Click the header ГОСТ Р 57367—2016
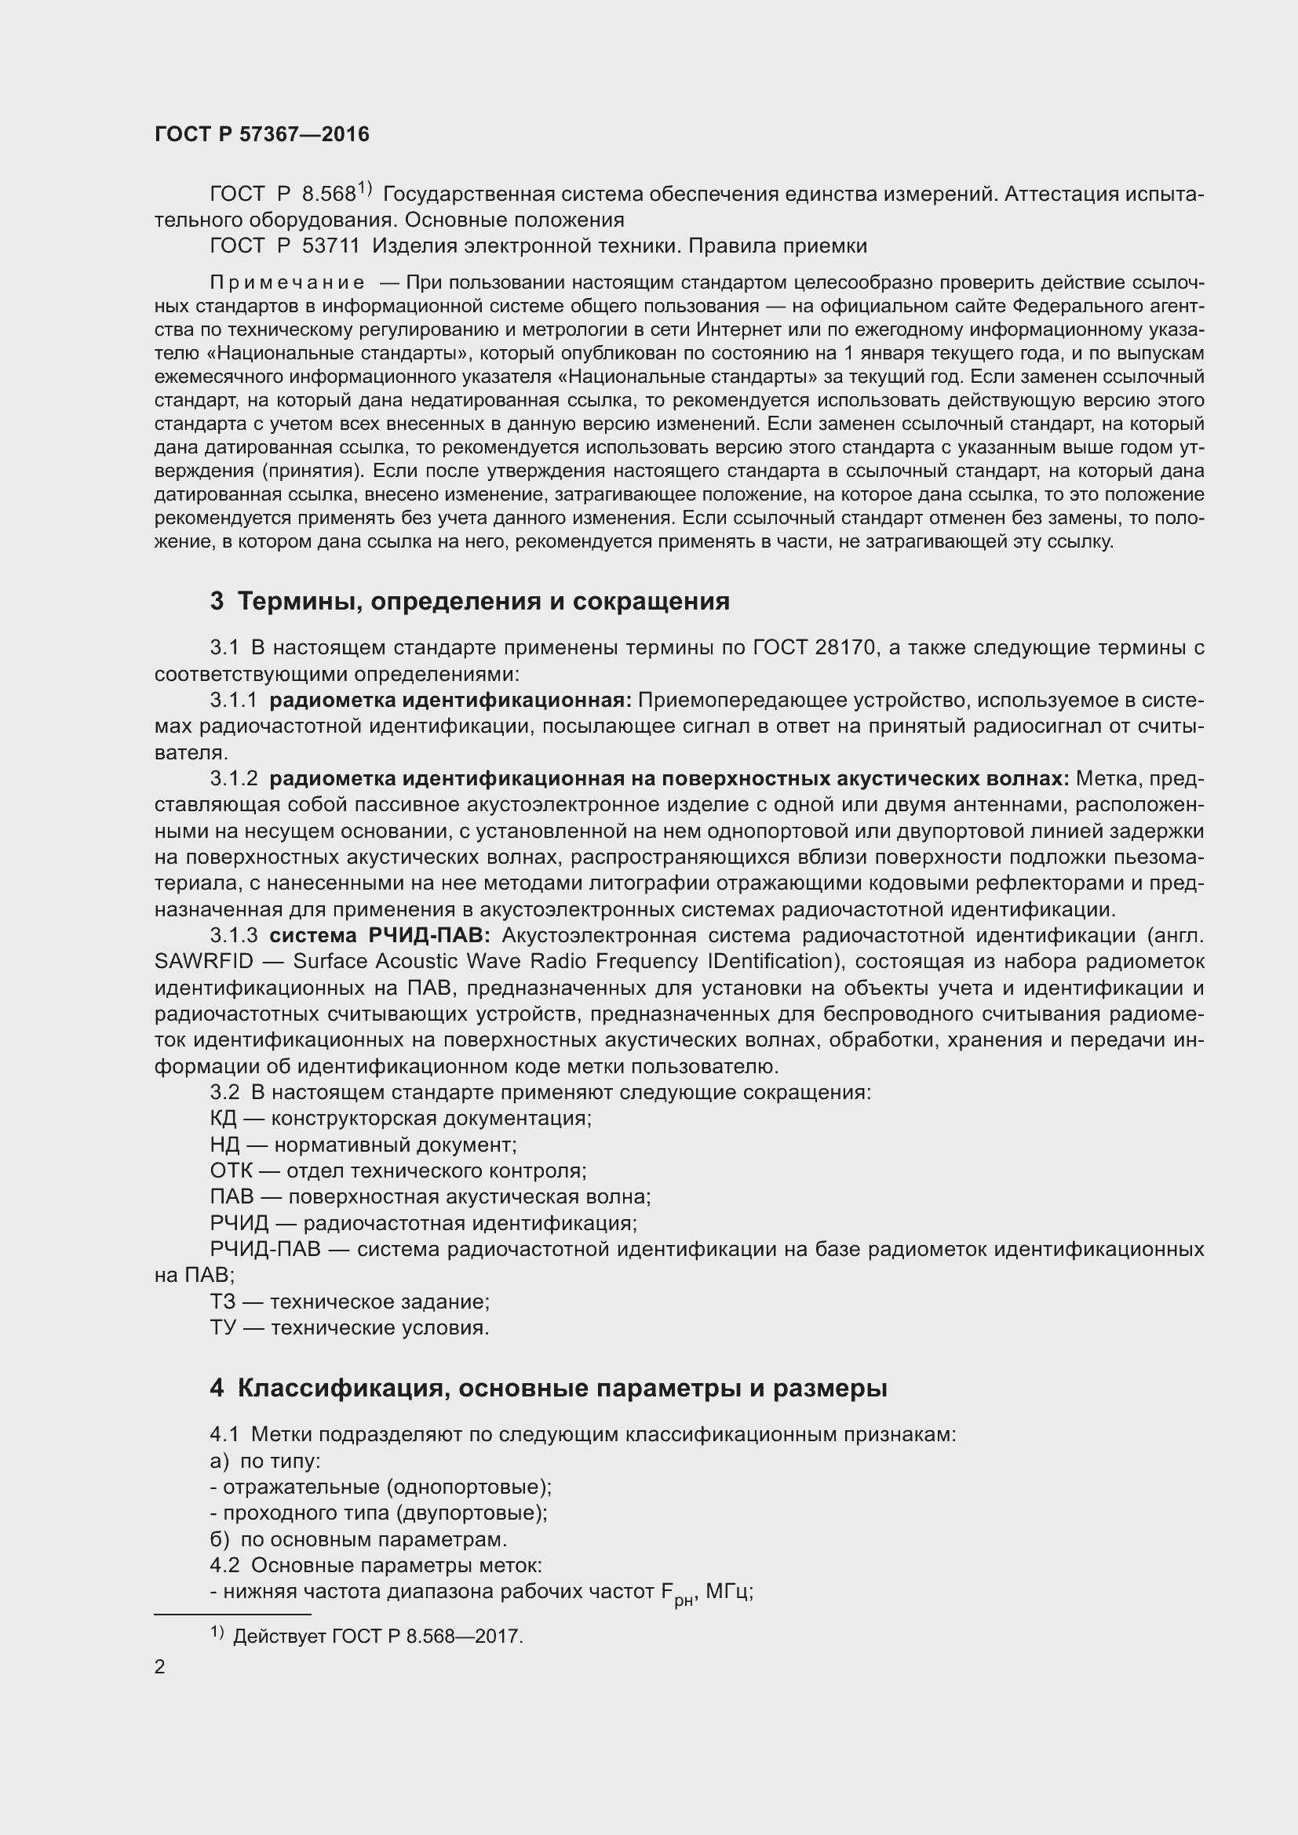click(261, 134)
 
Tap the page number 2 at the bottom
click(160, 1666)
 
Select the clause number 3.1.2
click(234, 778)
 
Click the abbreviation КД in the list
click(223, 1118)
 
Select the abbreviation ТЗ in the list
click(223, 1302)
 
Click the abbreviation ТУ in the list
click(223, 1328)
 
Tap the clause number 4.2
click(224, 1565)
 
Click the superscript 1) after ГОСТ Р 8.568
click(365, 188)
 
